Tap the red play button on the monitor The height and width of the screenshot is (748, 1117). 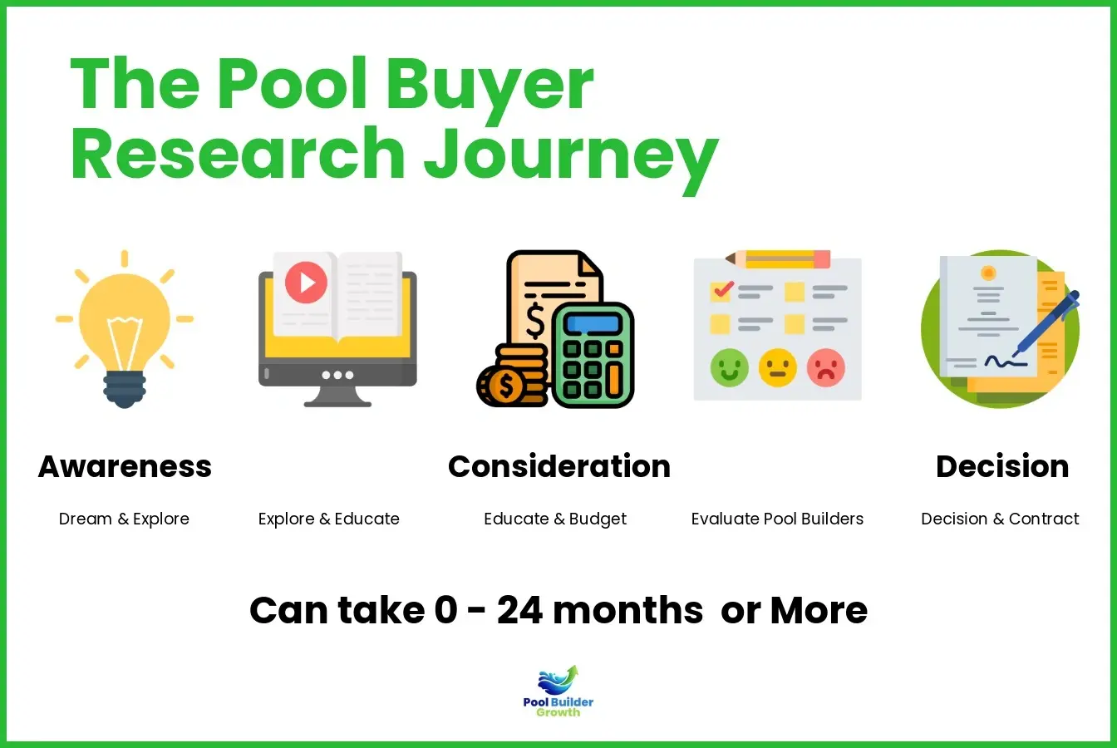pyautogui.click(x=306, y=283)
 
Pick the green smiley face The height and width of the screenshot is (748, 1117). pyautogui.click(x=730, y=367)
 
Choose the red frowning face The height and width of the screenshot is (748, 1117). pyautogui.click(x=825, y=367)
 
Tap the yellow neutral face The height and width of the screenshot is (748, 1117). pyautogui.click(x=777, y=367)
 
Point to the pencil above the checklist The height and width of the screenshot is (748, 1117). pyautogui.click(x=777, y=258)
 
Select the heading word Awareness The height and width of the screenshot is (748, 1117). pyautogui.click(x=125, y=466)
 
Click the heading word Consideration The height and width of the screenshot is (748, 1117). pyautogui.click(x=558, y=466)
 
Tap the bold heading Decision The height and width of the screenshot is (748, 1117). pyautogui.click(x=1001, y=466)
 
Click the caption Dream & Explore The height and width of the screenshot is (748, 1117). pyautogui.click(x=124, y=519)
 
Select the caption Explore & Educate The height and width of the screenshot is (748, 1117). pyautogui.click(x=328, y=519)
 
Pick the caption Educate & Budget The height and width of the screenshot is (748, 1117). pyautogui.click(x=555, y=519)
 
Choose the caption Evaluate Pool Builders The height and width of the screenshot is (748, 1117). pyautogui.click(x=777, y=519)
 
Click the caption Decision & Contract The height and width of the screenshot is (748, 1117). pyautogui.click(x=1000, y=519)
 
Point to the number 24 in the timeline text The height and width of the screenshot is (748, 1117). pyautogui.click(x=519, y=611)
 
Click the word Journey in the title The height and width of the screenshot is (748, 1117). pyautogui.click(x=572, y=155)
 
